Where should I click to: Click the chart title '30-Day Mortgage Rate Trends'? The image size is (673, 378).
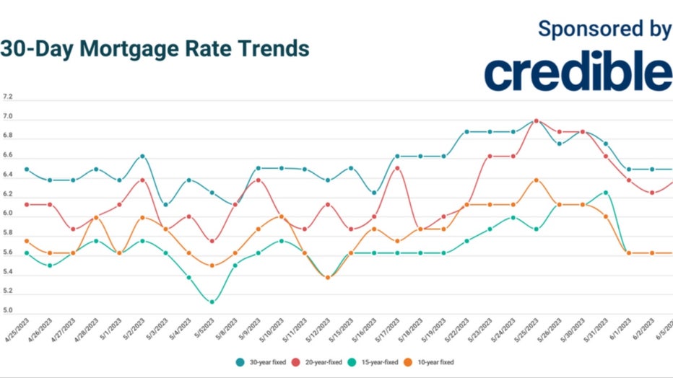tap(155, 49)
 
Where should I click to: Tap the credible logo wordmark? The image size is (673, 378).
tap(577, 73)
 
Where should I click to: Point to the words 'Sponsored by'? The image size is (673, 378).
tap(604, 28)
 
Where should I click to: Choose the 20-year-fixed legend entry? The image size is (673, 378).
tap(321, 361)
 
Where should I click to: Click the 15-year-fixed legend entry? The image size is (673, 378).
tap(378, 361)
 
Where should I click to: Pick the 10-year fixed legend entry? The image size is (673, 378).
tap(435, 361)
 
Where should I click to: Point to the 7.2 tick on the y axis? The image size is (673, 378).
tap(8, 97)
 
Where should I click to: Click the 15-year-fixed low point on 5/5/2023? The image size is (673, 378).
tap(212, 302)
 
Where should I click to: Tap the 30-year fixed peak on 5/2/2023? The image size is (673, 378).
tap(142, 156)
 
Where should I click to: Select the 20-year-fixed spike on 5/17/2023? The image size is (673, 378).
tap(397, 168)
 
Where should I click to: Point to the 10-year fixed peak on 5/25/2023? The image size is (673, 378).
tap(536, 180)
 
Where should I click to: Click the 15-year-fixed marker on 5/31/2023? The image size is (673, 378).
tap(605, 193)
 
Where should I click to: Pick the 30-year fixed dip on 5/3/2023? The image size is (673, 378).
tap(165, 204)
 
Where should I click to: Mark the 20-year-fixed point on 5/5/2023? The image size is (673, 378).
tap(212, 241)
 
